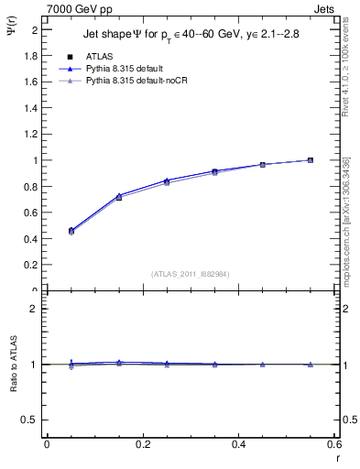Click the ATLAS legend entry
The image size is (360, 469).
[99, 57]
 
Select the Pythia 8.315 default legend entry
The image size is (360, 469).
[128, 69]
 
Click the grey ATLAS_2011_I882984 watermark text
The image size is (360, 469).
[190, 274]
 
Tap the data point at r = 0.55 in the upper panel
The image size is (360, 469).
[311, 160]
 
